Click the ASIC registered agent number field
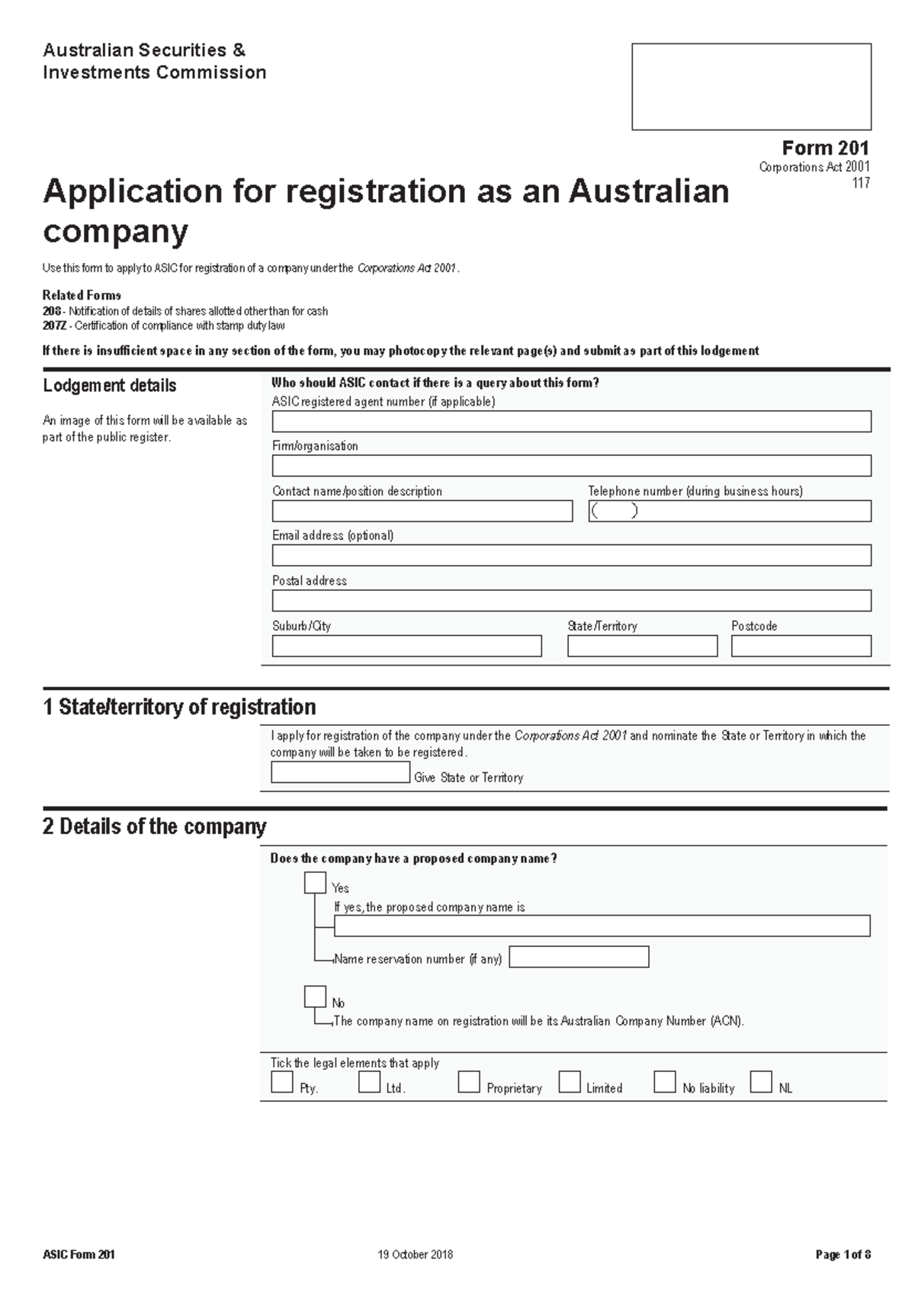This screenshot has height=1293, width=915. coord(571,422)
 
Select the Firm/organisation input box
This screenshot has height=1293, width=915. coord(571,466)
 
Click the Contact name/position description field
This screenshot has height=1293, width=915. coord(422,511)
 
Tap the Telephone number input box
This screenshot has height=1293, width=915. coord(729,511)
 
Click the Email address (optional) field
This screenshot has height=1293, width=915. coord(571,555)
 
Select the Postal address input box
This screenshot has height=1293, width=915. coord(571,601)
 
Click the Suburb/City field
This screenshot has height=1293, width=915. coord(406,646)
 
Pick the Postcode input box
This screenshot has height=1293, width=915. coord(801,646)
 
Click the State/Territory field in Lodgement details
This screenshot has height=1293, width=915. coord(642,646)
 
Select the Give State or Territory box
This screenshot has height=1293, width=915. coord(340,772)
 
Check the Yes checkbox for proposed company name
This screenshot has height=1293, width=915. coord(315,883)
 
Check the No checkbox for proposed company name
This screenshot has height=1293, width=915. coord(315,996)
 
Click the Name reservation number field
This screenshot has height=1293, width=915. coord(579,957)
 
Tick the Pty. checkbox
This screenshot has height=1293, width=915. coord(282,1082)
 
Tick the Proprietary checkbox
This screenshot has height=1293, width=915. coord(469,1082)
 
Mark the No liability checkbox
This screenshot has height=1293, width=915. coord(664,1082)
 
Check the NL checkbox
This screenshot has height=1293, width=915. coord(760,1082)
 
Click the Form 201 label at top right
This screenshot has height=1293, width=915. coord(825,148)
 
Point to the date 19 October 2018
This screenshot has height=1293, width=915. coord(415,1255)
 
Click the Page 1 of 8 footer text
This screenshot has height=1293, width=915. coord(843,1255)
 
